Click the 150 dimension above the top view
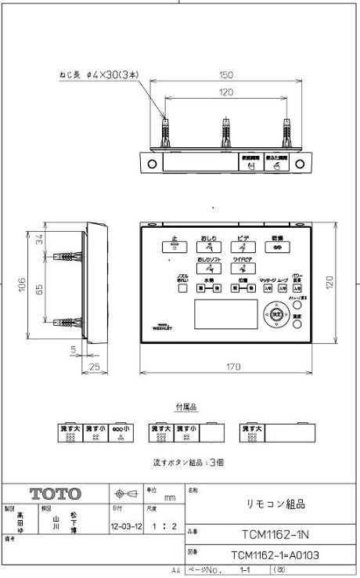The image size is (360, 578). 226,75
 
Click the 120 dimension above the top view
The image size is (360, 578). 226,92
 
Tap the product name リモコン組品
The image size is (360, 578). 270,506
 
